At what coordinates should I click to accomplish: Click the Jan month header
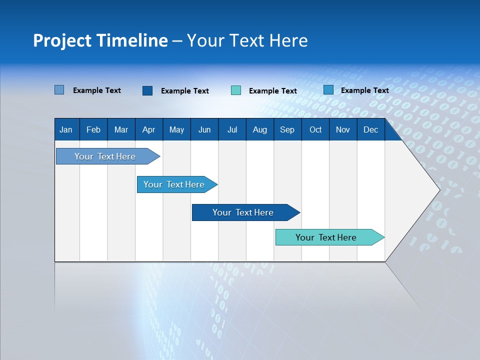(x=66, y=129)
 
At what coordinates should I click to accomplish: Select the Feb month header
(x=93, y=129)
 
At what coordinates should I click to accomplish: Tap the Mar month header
(x=121, y=129)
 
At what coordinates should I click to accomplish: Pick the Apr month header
(x=149, y=129)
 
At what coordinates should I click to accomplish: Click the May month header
(x=176, y=129)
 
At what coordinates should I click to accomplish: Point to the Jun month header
(x=204, y=129)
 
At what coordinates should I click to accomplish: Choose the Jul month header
(x=232, y=129)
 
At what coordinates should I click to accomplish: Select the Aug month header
(x=260, y=129)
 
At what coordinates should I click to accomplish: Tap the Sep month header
(x=287, y=129)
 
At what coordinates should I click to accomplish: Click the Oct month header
(x=315, y=129)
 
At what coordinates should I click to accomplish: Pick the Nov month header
(x=343, y=129)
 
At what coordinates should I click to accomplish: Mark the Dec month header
(x=371, y=129)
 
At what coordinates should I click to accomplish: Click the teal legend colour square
(x=236, y=90)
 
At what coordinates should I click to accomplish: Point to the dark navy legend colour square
(x=147, y=90)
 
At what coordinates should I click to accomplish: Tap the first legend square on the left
(x=59, y=90)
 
